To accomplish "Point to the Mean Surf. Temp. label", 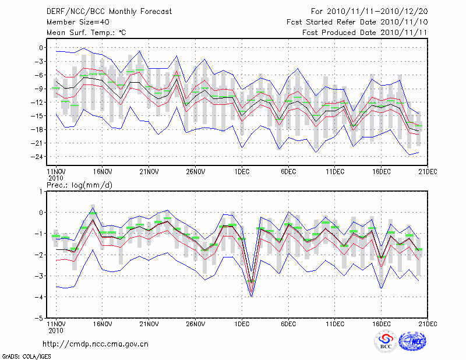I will (x=86, y=33).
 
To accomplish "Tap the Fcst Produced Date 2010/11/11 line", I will (x=365, y=33).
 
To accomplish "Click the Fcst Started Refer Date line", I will (x=357, y=22).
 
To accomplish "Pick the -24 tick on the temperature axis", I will (x=38, y=157).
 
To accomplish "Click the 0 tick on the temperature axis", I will (x=41, y=48).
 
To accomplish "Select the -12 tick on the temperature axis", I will (x=38, y=103).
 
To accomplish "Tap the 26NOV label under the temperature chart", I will (x=195, y=172).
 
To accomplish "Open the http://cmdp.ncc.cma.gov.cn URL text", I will (x=96, y=344).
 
